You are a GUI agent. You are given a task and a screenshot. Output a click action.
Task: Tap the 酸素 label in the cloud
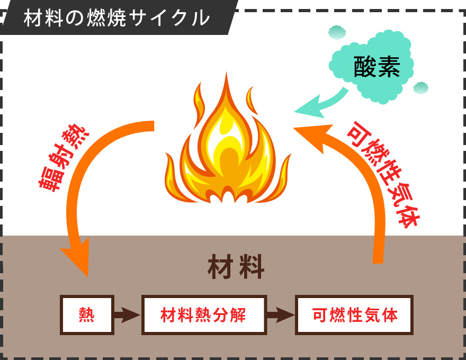377,67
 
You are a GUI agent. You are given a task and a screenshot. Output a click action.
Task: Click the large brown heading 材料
236,267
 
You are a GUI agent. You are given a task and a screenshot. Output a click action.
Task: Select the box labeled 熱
87,315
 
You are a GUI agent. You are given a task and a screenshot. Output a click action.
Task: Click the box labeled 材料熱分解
203,315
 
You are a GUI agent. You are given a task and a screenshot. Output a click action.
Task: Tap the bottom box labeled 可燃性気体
354,315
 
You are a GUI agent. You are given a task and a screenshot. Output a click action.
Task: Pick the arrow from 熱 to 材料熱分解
127,315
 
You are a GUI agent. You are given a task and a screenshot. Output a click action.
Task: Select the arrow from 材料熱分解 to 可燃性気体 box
280,315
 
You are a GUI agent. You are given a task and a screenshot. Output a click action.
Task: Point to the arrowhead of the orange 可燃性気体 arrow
310,137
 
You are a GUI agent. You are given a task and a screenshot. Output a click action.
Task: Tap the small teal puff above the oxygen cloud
337,32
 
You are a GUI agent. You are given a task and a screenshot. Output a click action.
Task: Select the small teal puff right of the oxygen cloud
420,88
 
